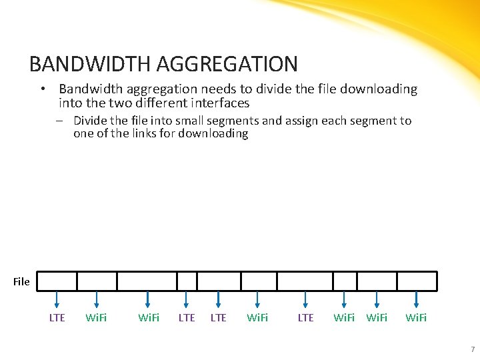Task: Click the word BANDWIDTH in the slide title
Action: point(89,64)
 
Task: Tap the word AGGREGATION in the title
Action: point(227,64)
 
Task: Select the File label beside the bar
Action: point(21,281)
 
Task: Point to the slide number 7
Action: point(472,349)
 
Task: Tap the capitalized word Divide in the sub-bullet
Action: point(90,121)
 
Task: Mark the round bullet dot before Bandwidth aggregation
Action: point(41,89)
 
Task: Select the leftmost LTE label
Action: point(57,317)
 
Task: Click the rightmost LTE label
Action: point(305,317)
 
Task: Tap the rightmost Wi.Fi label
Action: point(416,317)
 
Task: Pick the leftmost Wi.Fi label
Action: point(97,317)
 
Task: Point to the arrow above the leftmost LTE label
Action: point(57,300)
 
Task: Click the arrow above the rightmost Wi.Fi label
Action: point(416,300)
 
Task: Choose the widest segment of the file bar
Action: point(147,281)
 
